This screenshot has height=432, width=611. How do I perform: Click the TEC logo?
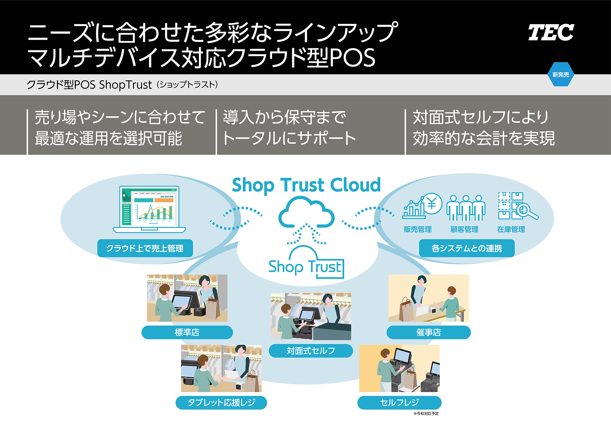click(x=551, y=32)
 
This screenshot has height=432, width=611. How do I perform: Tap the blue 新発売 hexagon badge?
click(x=561, y=75)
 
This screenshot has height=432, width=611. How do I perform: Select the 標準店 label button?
click(x=187, y=332)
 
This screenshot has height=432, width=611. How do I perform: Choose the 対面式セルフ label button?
click(x=311, y=351)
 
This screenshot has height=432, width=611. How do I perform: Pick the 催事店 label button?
click(x=428, y=332)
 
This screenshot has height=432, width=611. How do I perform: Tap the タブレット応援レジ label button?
click(x=221, y=402)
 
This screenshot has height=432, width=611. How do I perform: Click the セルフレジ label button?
click(x=399, y=402)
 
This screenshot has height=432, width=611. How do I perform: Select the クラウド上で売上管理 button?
click(x=145, y=248)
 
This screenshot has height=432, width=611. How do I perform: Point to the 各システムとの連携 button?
click(x=467, y=248)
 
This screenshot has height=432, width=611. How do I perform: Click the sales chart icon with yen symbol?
click(x=422, y=206)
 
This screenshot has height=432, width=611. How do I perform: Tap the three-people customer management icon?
click(x=466, y=208)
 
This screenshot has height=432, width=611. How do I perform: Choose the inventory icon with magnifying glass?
click(x=517, y=206)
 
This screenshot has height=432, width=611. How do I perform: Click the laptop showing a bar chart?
click(x=149, y=209)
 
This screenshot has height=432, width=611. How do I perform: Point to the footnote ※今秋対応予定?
click(x=426, y=414)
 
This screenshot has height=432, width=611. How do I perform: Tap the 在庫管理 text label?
click(x=511, y=229)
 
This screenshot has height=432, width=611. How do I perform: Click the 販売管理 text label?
click(x=418, y=229)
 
